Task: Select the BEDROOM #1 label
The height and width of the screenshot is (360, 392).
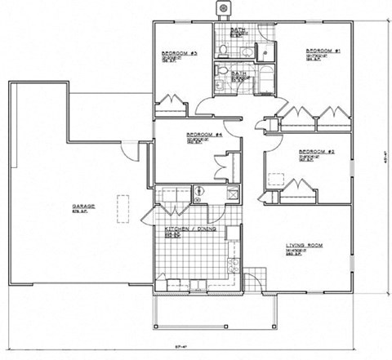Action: click(x=323, y=51)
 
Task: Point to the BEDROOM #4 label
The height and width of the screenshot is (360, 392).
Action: click(x=200, y=135)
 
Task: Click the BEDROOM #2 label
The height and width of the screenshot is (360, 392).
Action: click(x=313, y=152)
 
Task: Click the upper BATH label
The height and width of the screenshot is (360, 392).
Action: click(x=238, y=30)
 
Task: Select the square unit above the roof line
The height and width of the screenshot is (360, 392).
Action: click(x=220, y=8)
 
